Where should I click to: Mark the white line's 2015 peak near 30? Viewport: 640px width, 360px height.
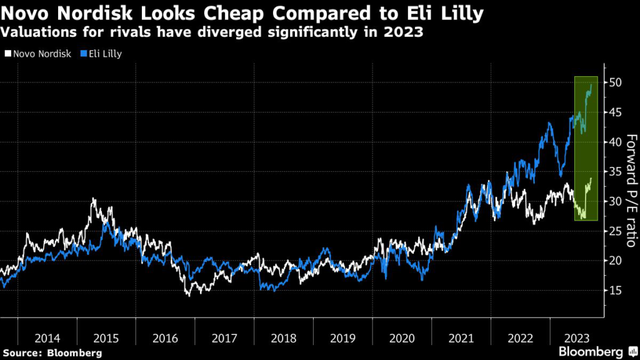[x=93, y=199]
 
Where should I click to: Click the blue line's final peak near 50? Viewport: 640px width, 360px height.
[x=591, y=85]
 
